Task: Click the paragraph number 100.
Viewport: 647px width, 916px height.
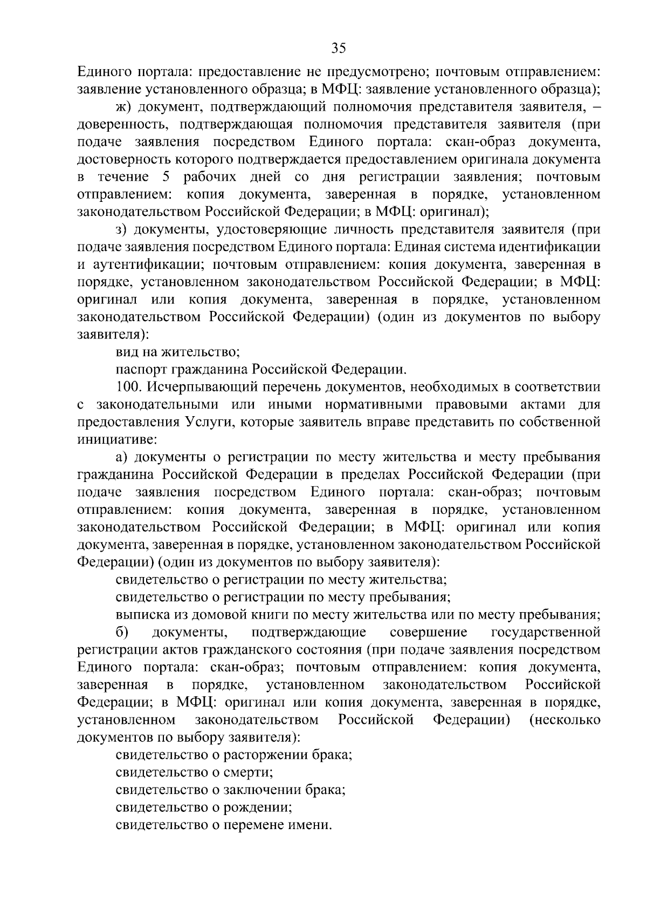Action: coord(128,387)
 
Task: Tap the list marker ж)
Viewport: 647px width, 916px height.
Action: coord(125,107)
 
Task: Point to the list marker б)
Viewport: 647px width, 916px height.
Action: coord(121,632)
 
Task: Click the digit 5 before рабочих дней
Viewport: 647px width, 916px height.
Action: coord(166,177)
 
